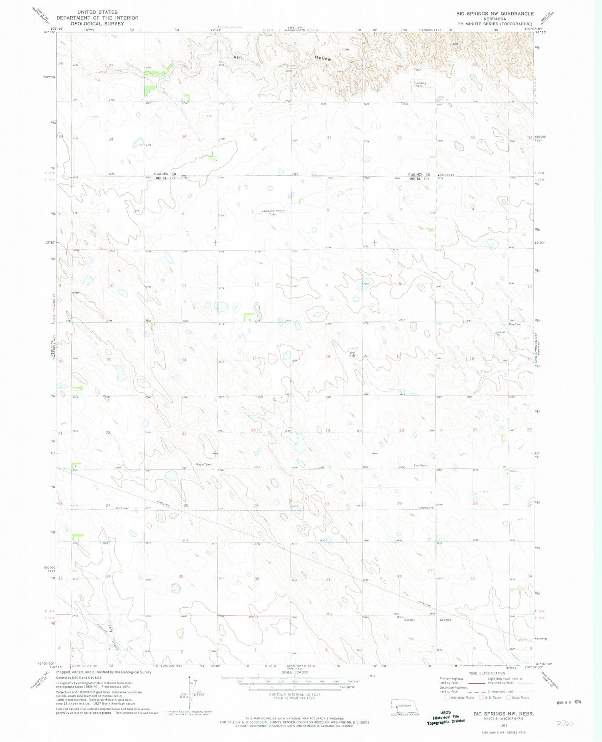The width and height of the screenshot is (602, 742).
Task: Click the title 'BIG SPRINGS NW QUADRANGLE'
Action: click(494, 14)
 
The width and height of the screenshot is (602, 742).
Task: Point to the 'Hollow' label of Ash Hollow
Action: click(323, 59)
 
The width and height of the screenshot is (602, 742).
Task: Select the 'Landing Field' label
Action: click(420, 85)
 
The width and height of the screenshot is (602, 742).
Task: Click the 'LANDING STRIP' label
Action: click(273, 211)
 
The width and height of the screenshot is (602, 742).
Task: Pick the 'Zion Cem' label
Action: click(419, 465)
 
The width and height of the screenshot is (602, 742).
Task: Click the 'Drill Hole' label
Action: click(352, 354)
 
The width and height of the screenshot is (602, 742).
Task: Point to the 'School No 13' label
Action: click(446, 175)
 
